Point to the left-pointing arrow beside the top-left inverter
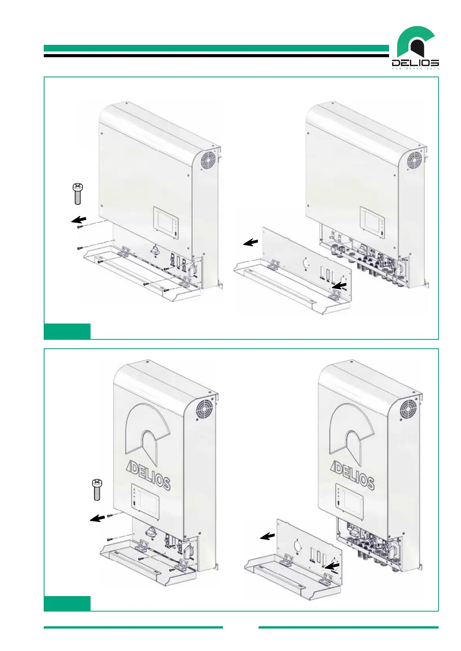[79, 220]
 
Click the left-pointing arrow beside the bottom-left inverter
[98, 518]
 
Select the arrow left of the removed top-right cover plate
[250, 242]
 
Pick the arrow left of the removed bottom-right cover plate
[267, 536]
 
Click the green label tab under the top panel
[67, 331]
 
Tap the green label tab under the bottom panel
[67, 603]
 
